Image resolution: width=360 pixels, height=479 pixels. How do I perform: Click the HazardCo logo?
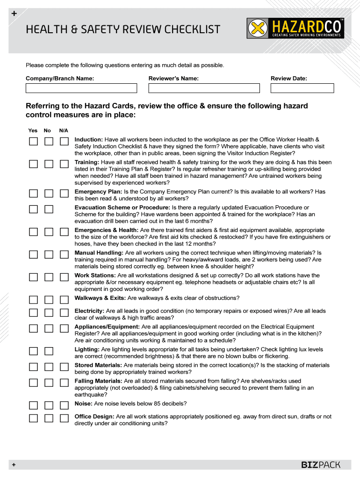[295, 28]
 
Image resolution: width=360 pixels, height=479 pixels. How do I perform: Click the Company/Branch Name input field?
[81, 88]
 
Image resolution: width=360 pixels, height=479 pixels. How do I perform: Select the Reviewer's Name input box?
[204, 88]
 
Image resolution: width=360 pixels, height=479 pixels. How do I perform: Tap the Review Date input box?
[302, 88]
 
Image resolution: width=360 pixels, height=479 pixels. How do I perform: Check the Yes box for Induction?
[33, 141]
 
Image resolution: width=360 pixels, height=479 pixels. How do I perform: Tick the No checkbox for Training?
[49, 164]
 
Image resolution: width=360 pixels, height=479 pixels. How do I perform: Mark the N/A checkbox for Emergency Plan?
[64, 193]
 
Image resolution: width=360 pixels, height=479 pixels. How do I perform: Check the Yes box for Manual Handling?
[33, 254]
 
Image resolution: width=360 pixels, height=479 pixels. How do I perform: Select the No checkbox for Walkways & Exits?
[49, 299]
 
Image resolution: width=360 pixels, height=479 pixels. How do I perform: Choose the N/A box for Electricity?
[64, 312]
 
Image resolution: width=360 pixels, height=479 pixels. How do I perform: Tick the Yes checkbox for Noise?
[33, 405]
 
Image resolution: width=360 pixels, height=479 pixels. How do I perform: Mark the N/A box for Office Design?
[64, 418]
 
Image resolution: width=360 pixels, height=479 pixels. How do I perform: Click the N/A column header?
[64, 131]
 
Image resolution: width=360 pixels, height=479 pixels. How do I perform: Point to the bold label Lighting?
[87, 349]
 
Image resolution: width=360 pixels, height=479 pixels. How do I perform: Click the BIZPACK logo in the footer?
[320, 465]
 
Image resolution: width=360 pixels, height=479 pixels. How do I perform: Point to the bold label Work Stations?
[95, 276]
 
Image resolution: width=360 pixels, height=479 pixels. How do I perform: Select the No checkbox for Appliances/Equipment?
[49, 328]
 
